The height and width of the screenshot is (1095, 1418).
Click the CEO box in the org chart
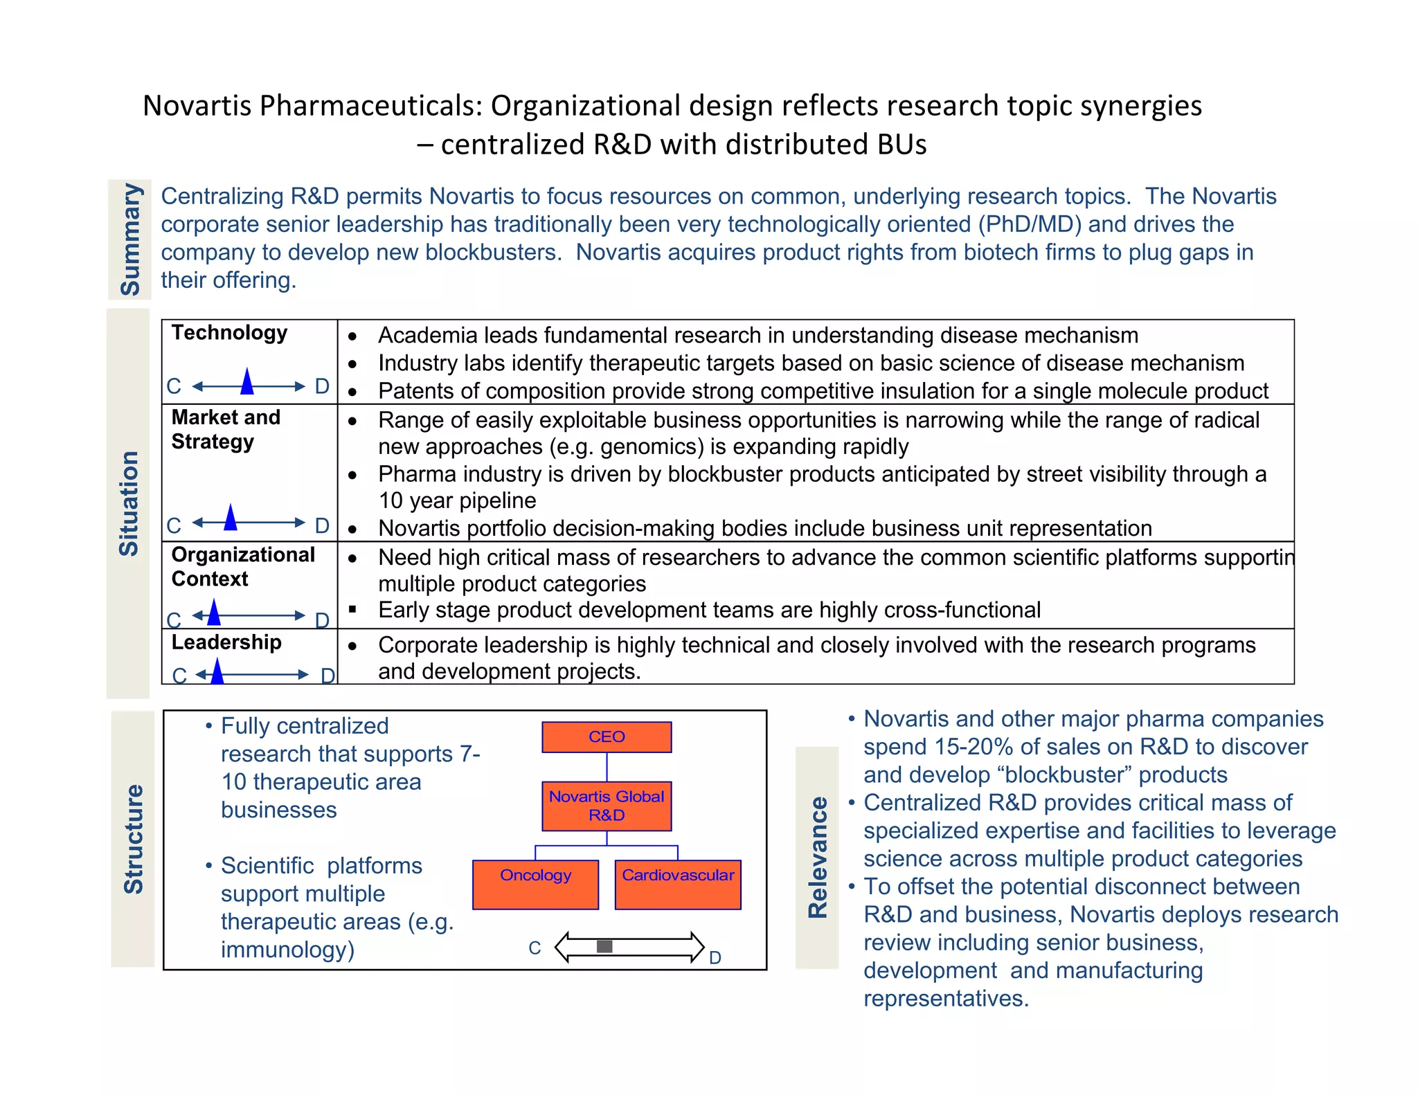[607, 737]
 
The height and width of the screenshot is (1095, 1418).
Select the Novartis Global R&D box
[607, 806]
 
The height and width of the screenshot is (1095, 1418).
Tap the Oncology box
[535, 884]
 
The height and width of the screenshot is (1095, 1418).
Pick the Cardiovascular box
[678, 884]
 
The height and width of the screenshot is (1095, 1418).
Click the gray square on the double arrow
[604, 946]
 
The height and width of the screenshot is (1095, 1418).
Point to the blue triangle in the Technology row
[247, 381]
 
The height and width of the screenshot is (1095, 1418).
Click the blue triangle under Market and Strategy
[231, 518]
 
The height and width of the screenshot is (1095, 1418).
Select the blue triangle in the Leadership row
[217, 671]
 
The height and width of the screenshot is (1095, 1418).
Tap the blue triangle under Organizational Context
[214, 612]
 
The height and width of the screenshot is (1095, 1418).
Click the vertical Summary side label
[130, 239]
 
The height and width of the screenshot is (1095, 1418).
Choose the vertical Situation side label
[129, 503]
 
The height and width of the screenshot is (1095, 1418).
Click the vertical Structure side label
[133, 839]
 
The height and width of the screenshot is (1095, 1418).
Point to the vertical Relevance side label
[818, 858]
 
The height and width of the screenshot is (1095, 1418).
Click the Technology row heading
[229, 333]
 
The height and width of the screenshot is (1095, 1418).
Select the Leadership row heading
[226, 642]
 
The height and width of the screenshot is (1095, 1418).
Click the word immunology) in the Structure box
[287, 950]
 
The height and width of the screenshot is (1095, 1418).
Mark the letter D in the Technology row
[322, 386]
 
